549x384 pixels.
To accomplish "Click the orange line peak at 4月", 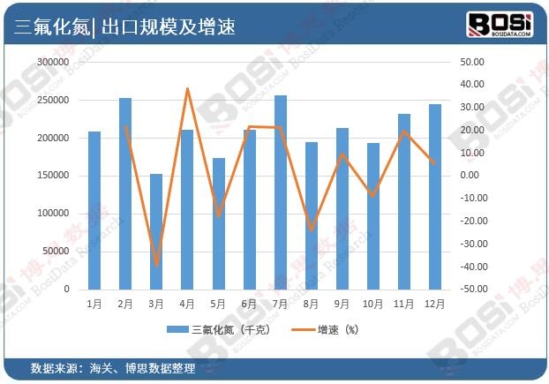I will click(187, 88).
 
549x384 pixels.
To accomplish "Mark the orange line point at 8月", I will click(312, 230).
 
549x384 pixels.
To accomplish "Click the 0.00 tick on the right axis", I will click(472, 176).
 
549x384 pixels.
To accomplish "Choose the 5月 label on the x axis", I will click(218, 304).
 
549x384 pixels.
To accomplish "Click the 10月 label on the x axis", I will click(372, 304).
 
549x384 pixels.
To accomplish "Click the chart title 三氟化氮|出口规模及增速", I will click(124, 26).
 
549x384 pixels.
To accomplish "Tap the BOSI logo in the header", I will click(499, 24).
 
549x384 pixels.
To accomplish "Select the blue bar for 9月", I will click(342, 208).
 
